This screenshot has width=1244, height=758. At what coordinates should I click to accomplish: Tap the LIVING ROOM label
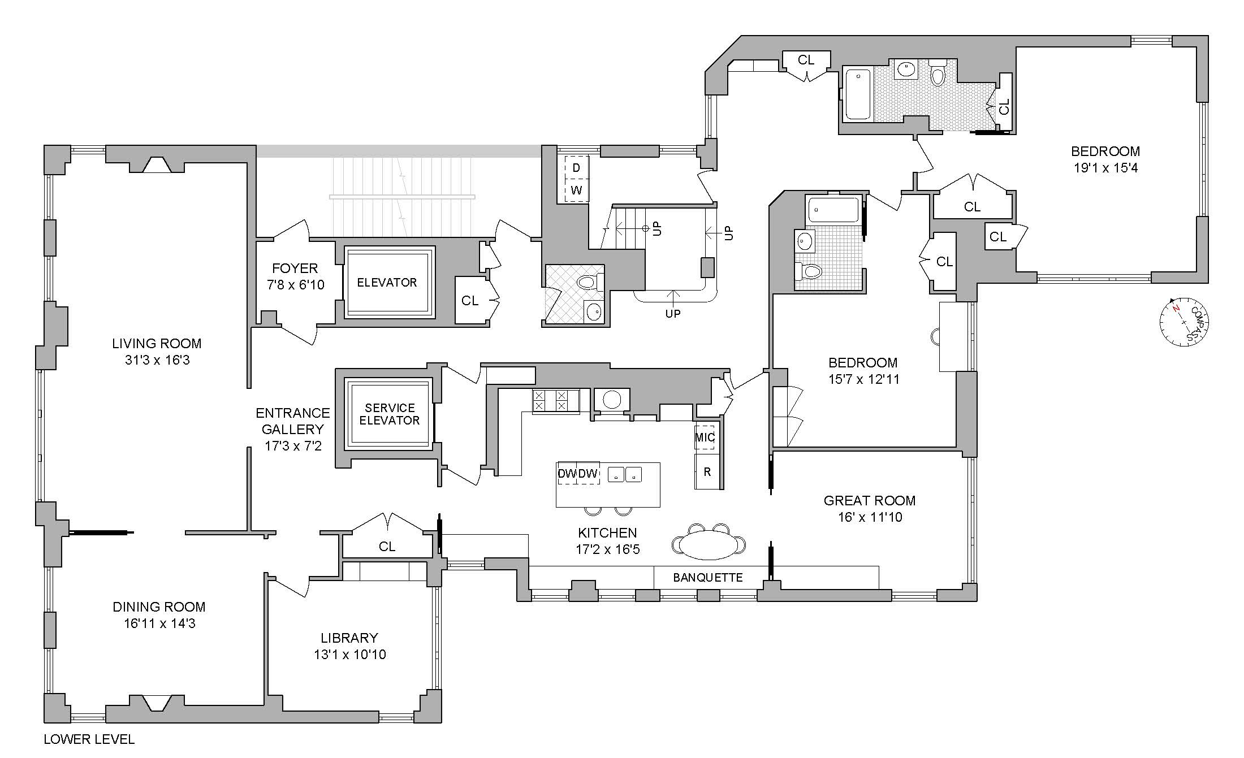tap(157, 343)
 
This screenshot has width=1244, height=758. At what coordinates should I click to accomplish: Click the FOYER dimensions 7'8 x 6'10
tap(295, 284)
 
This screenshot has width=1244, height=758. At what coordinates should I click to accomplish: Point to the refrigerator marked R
tap(707, 471)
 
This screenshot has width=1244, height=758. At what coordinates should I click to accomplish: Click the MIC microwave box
tap(705, 437)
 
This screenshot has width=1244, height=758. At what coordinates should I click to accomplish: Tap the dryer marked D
tap(576, 168)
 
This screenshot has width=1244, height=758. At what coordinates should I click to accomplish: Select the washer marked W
tap(576, 190)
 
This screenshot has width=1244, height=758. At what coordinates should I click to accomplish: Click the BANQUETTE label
tap(707, 577)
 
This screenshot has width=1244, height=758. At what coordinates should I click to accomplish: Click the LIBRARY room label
tap(349, 638)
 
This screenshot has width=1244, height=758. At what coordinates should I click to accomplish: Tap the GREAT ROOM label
tap(869, 500)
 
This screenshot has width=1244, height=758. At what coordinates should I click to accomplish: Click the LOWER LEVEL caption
tap(89, 739)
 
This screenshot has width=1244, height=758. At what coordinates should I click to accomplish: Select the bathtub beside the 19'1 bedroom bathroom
tap(858, 94)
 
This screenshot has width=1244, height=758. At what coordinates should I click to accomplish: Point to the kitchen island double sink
tap(625, 474)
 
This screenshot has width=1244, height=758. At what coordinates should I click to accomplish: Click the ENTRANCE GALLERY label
tap(292, 421)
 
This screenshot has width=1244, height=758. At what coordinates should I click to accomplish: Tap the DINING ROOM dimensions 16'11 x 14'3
tap(159, 623)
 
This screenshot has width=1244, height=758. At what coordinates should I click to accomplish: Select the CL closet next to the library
tap(387, 546)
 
